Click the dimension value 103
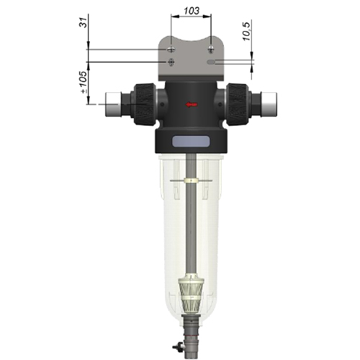192,11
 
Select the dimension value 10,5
247,30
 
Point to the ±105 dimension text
84,82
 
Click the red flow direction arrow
192,104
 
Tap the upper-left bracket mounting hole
171,50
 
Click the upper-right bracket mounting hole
211,49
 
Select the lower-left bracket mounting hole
171,62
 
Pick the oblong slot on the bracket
211,62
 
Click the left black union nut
145,104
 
